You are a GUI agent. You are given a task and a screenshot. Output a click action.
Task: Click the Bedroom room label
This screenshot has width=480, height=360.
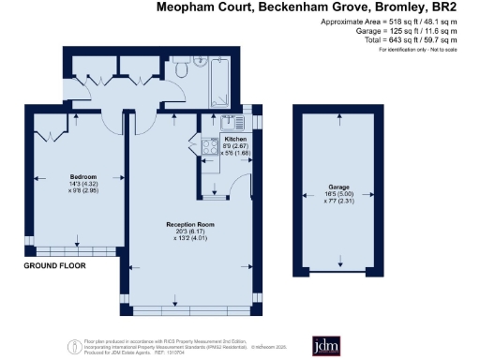click(x=83, y=176)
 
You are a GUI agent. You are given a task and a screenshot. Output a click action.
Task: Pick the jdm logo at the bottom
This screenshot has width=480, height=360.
click(x=321, y=346)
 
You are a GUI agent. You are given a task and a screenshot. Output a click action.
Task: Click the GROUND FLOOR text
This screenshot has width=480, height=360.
click(x=54, y=266)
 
